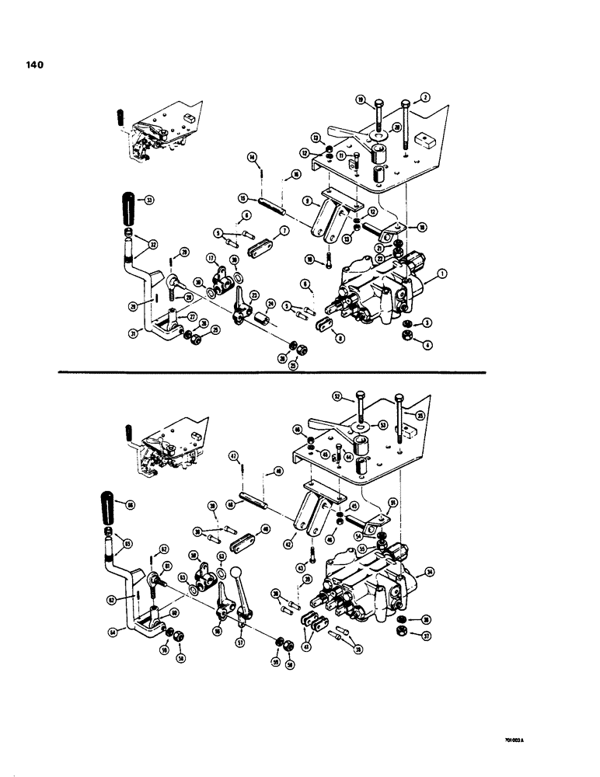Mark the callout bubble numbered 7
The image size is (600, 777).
coord(285,232)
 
